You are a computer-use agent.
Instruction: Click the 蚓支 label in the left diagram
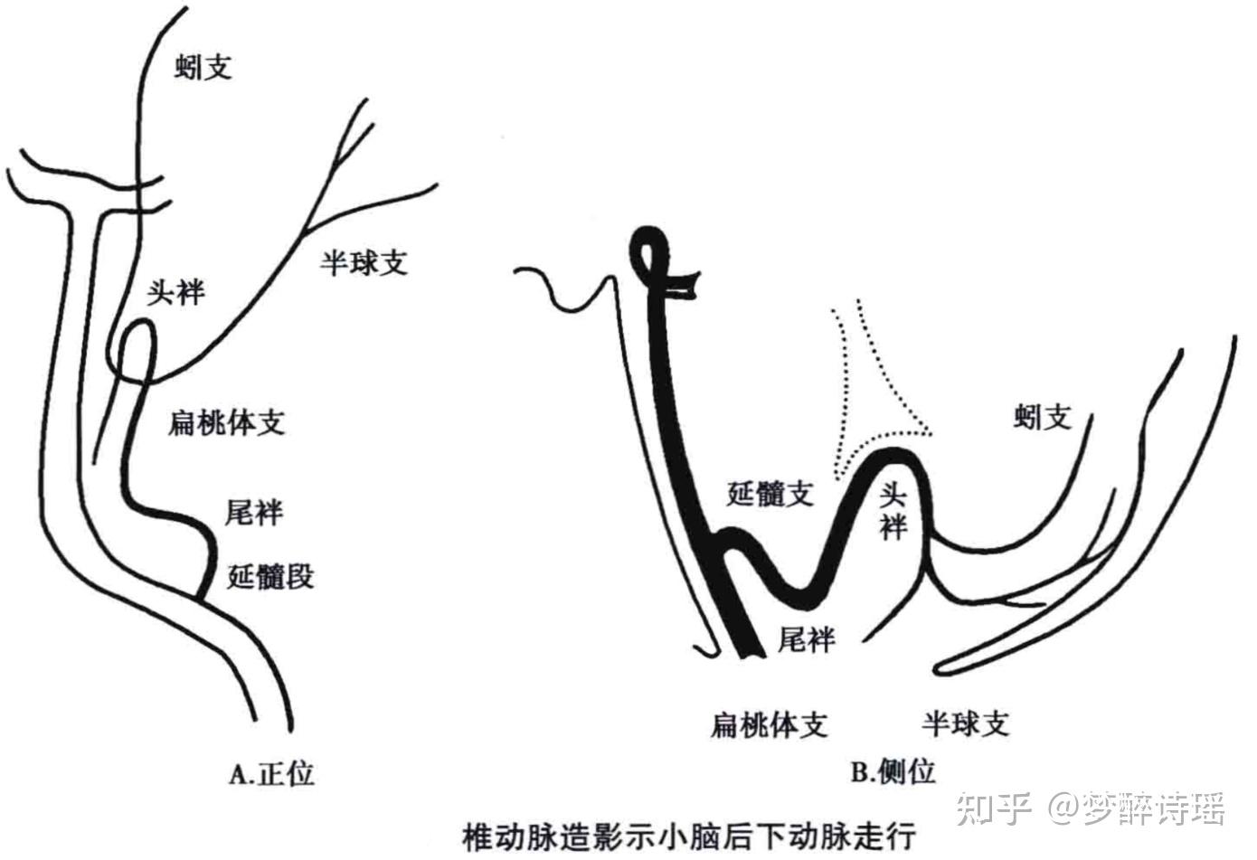(203, 67)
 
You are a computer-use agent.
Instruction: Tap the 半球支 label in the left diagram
(364, 262)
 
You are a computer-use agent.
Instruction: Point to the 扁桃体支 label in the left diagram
(226, 422)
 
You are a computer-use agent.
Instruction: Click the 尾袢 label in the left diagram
(254, 513)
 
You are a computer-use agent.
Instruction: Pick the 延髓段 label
(270, 576)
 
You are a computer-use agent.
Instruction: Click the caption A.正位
(272, 774)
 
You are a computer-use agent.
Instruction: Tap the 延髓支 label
(770, 494)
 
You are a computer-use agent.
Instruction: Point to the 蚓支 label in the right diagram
(1043, 417)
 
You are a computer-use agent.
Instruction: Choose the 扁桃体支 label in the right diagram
(769, 723)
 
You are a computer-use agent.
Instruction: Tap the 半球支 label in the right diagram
(965, 723)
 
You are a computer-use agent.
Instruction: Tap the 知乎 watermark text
(994, 808)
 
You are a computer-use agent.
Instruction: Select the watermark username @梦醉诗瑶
(1137, 808)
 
